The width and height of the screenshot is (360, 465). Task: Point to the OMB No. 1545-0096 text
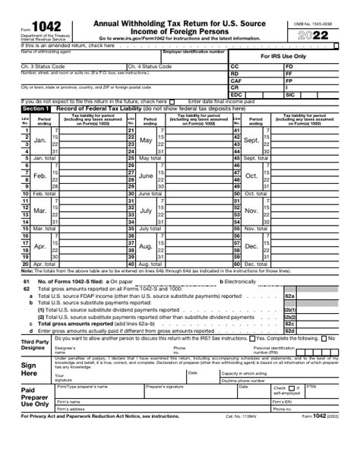[314, 24]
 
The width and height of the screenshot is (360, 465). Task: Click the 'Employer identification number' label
[194, 52]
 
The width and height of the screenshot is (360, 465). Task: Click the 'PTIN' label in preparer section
[311, 386]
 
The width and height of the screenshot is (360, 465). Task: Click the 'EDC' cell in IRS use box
[236, 94]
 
